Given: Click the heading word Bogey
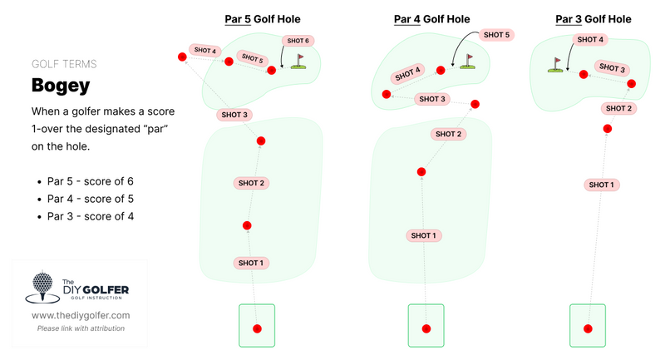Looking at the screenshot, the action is tap(60, 85).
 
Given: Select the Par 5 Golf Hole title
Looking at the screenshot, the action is tap(263, 19).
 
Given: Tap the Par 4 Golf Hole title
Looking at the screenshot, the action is tap(431, 19).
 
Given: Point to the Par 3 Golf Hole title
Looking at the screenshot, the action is tap(593, 19).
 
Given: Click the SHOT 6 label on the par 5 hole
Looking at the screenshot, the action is tap(297, 40).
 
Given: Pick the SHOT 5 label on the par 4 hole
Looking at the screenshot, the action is tap(495, 35).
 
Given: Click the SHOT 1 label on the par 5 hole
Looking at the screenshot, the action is tap(250, 263).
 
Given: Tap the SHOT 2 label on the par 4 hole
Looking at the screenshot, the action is tap(446, 134).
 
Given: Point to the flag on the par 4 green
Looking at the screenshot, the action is tap(469, 61).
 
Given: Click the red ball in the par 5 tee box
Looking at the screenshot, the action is tap(257, 328).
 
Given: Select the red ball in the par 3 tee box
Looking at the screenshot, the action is tap(587, 328).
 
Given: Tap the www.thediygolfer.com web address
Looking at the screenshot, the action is tap(81, 316).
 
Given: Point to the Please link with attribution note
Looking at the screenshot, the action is tap(81, 328).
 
